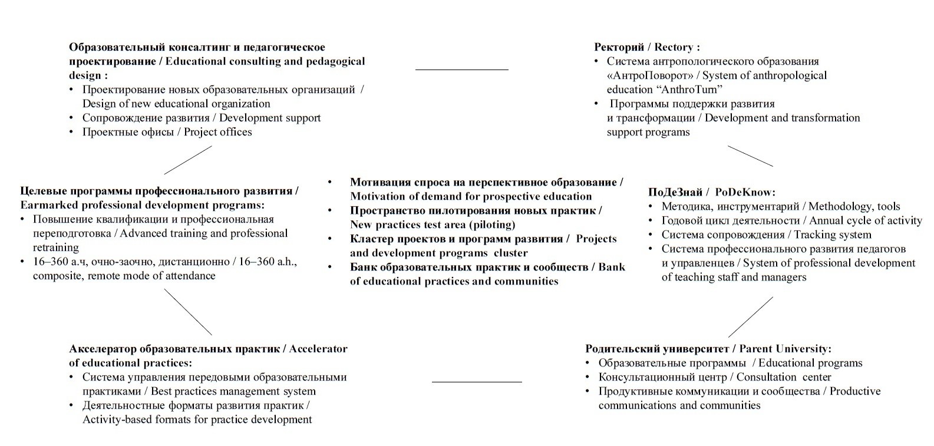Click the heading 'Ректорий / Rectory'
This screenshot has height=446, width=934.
coord(646,47)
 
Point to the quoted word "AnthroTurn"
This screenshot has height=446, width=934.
coord(688,90)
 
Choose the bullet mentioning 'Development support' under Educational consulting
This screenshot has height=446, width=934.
coord(202,118)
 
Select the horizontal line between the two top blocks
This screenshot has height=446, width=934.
coord(461,70)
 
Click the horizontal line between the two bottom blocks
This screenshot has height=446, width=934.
coord(476,382)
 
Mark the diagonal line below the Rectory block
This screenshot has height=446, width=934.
coord(750,156)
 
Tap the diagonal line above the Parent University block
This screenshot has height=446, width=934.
coord(750,317)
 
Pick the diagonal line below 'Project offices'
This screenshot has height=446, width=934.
coord(187,160)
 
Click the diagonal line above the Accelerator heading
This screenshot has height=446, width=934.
coord(187,312)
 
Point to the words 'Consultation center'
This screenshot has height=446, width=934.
coord(784,377)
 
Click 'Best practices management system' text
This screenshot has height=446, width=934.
coord(233,391)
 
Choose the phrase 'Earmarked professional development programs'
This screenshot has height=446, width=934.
coord(142,205)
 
